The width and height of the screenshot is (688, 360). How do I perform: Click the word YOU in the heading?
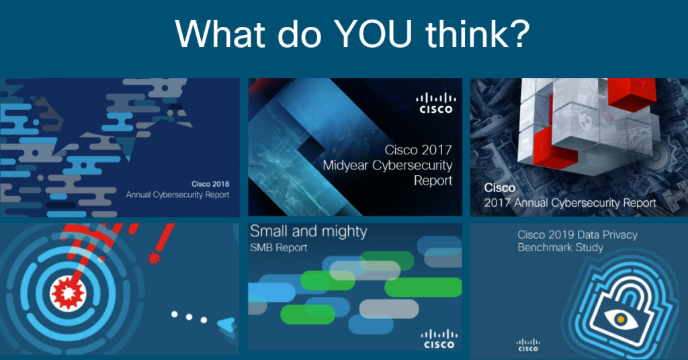point(373,34)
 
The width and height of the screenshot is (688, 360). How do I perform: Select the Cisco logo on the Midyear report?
point(435,103)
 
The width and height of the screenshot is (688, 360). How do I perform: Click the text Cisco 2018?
point(210,184)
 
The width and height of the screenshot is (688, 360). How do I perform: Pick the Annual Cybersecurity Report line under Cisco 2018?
point(177,195)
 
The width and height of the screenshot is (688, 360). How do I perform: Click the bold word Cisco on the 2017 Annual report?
point(499,187)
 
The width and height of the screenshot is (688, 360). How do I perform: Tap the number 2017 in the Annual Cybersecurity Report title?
point(498,203)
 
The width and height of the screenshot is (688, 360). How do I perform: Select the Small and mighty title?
point(308,232)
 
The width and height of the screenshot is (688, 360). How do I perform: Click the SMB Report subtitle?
point(279,248)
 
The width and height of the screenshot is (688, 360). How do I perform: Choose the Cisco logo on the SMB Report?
point(439,339)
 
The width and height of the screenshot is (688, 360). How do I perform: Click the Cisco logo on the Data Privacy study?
point(528,345)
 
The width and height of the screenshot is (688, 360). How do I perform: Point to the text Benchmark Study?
point(560,247)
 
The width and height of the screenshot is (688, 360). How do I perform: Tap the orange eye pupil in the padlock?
point(620,320)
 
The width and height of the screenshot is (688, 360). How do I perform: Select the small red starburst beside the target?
point(154,258)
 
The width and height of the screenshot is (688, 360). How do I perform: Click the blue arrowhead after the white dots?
point(227,325)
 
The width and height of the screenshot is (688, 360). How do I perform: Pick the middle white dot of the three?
point(189,317)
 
